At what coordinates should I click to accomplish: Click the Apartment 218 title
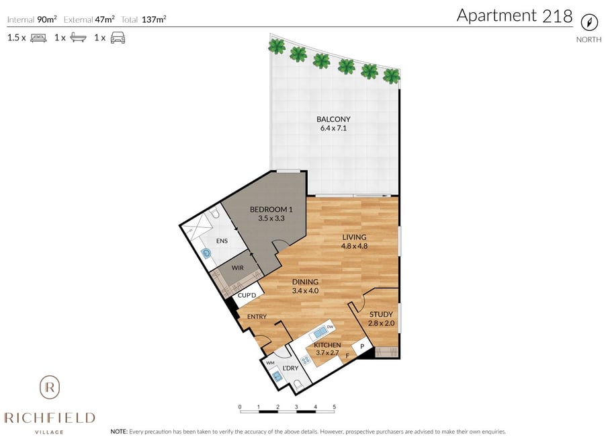click(515, 16)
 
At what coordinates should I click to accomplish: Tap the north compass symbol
click(589, 22)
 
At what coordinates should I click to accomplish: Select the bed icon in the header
click(38, 38)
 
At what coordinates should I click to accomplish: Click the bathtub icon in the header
click(78, 38)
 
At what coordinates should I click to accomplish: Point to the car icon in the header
click(118, 38)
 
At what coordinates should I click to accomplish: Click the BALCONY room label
click(333, 119)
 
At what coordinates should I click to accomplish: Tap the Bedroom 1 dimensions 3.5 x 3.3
click(271, 218)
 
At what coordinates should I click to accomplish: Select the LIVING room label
click(354, 237)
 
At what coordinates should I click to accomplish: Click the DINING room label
click(305, 282)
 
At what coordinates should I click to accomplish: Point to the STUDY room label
click(381, 315)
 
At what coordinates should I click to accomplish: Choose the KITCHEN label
click(327, 345)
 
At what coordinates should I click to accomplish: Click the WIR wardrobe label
click(238, 268)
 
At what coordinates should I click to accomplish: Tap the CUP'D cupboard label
click(247, 295)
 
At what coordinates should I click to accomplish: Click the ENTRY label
click(257, 317)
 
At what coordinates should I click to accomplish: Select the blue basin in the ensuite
click(207, 253)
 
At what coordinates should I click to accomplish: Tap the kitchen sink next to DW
click(320, 332)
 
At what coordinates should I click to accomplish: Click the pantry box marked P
click(362, 346)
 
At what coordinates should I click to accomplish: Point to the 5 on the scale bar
click(335, 407)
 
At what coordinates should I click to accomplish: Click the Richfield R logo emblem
click(50, 387)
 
